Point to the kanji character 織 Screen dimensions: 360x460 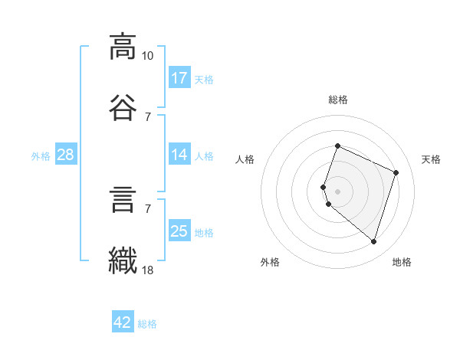click(123, 259)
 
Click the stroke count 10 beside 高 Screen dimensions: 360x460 click(148, 56)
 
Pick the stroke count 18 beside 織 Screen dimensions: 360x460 click(148, 270)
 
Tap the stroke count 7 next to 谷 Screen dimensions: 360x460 click(148, 117)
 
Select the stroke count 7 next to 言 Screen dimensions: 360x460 click(148, 208)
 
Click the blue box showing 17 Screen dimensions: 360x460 click(179, 78)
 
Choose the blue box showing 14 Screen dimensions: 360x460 click(179, 155)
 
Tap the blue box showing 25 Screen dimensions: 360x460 click(179, 231)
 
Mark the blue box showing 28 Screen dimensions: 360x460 click(65, 155)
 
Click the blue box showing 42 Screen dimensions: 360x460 click(123, 322)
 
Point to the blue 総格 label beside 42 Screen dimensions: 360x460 click(147, 324)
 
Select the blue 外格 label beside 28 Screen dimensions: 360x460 click(41, 156)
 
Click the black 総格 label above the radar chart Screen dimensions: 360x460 click(338, 100)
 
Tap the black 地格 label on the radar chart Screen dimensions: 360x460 click(402, 263)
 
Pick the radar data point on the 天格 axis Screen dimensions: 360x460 click(396, 172)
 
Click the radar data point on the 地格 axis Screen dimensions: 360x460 click(373, 241)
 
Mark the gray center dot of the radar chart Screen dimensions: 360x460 click(338, 191)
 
